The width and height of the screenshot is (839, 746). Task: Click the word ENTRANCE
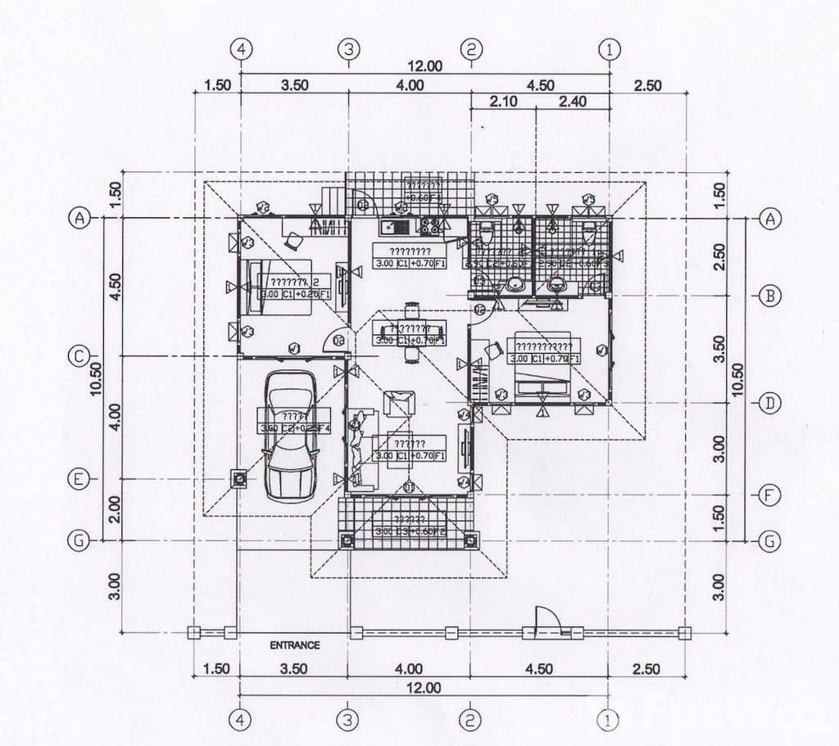click(x=295, y=645)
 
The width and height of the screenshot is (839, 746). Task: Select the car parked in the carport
click(x=292, y=434)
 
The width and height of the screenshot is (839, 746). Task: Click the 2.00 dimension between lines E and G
click(x=115, y=509)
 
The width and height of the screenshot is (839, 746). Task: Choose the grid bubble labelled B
click(x=769, y=296)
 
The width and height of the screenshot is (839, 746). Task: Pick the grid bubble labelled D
click(x=769, y=403)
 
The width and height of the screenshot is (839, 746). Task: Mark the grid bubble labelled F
click(x=769, y=495)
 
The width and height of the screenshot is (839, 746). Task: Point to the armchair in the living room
click(x=400, y=404)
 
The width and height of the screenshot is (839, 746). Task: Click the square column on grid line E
click(x=239, y=479)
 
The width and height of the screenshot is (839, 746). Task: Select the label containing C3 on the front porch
click(x=410, y=531)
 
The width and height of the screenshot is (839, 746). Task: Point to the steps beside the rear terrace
click(x=333, y=200)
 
